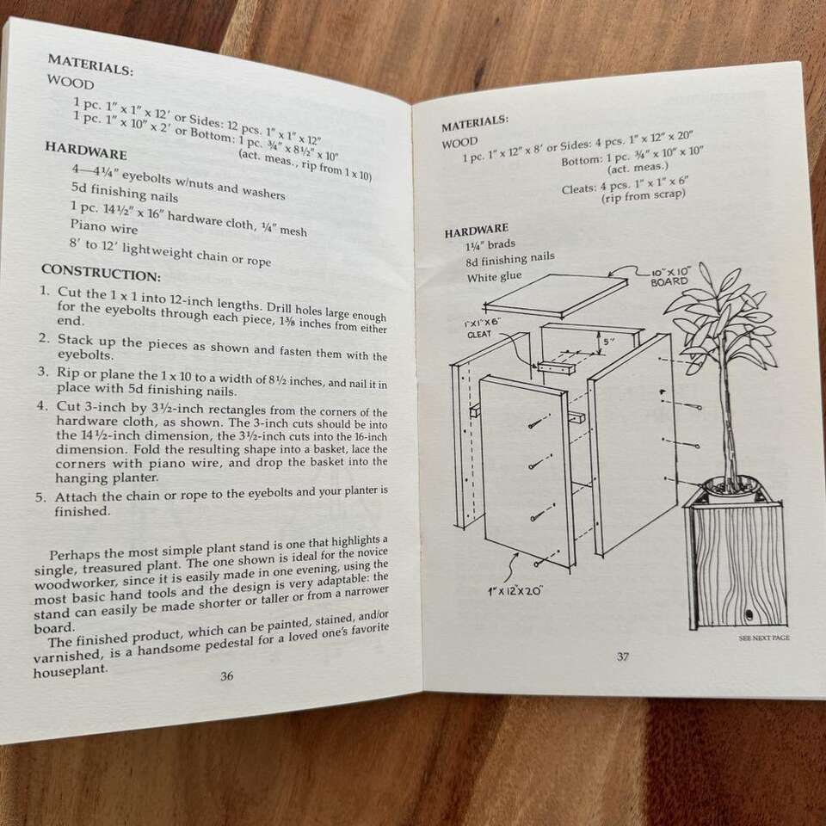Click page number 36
(x=226, y=675)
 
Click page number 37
(x=623, y=656)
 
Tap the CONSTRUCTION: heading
(x=102, y=273)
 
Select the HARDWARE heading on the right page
(x=476, y=231)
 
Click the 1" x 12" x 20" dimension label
(x=515, y=590)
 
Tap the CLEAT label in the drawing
(x=479, y=334)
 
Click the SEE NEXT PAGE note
(x=764, y=638)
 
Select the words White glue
(x=494, y=276)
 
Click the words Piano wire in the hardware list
(x=104, y=226)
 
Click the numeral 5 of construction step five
(x=40, y=496)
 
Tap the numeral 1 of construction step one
(x=44, y=290)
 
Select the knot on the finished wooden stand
(x=748, y=614)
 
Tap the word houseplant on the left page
(x=70, y=671)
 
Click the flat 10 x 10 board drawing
(x=556, y=295)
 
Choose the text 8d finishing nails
(x=510, y=259)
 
